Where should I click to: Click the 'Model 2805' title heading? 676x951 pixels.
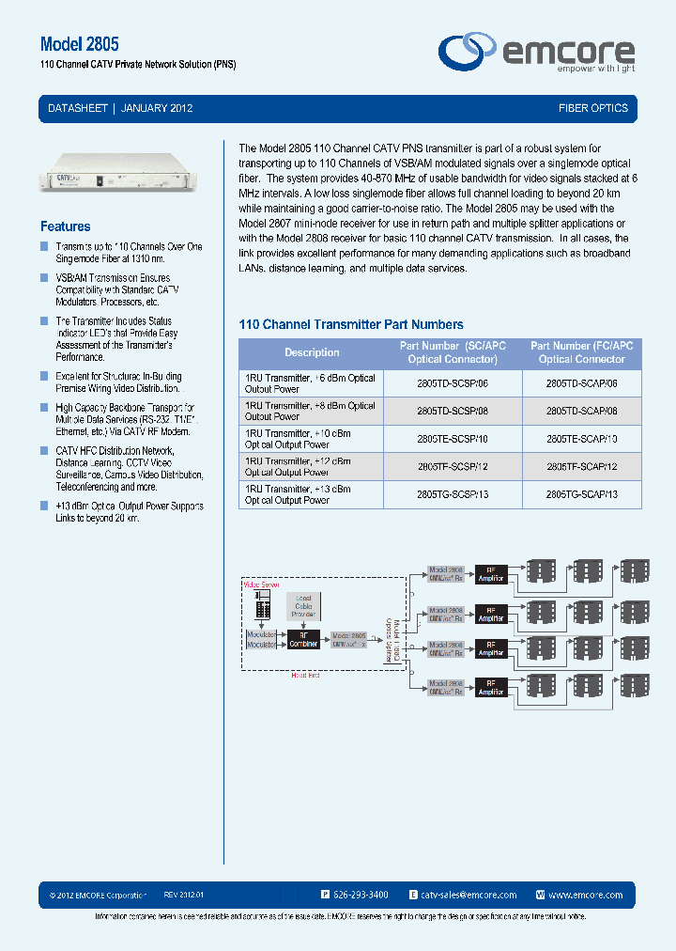tap(80, 44)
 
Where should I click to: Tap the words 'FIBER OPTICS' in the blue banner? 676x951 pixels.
tap(592, 108)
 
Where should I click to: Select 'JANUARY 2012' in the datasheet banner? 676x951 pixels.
tap(157, 108)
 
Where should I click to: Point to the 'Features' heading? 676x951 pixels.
tap(66, 226)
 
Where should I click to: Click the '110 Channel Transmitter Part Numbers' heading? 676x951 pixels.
tap(351, 324)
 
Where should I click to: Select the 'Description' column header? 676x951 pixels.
tap(312, 352)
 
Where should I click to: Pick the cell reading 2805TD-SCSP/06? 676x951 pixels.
tap(453, 383)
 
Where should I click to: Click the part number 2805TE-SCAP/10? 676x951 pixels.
tap(582, 439)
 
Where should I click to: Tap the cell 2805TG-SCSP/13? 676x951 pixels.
tap(453, 495)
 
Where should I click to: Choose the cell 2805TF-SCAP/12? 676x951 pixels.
tap(582, 467)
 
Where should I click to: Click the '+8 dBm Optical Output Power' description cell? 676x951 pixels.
tap(311, 411)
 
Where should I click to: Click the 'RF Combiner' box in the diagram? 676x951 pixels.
tap(304, 639)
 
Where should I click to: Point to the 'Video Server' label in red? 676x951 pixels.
tap(262, 585)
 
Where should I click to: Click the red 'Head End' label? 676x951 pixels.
tap(307, 676)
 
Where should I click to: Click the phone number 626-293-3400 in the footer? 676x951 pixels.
tap(361, 896)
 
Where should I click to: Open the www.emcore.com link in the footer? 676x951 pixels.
tap(585, 896)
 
